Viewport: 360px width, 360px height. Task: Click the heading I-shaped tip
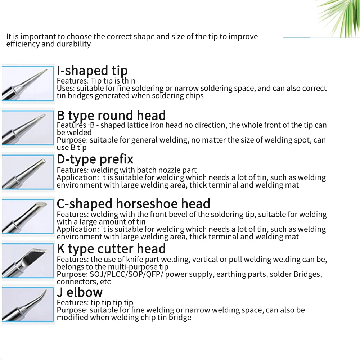pos(92,71)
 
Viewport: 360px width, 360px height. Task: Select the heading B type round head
pos(111,116)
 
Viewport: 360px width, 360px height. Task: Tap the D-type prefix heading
pos(95,159)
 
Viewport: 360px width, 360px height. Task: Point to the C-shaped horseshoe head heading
pos(133,204)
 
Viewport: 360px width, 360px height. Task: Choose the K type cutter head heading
pos(111,249)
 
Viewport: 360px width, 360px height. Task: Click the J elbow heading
pos(80,292)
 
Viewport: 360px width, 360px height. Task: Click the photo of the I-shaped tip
pos(28,84)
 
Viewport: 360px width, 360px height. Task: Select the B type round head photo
pos(28,128)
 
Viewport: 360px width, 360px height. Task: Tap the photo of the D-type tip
pos(28,172)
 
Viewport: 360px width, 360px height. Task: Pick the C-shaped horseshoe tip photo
pos(28,217)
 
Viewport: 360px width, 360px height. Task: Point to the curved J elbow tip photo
pos(28,305)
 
